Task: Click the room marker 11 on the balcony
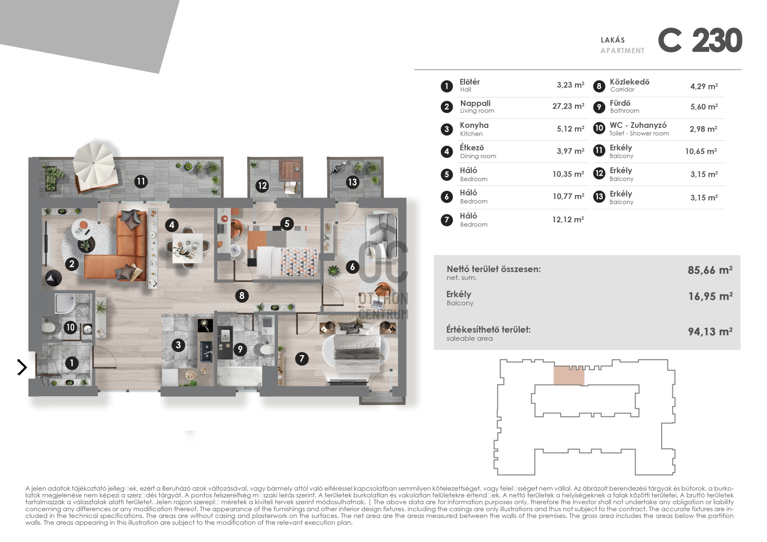(141, 182)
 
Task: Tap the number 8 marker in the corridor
(242, 296)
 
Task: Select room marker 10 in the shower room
(71, 328)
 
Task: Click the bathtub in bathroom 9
(239, 377)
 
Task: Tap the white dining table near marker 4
(185, 247)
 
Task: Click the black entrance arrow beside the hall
(22, 367)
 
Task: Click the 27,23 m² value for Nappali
(568, 106)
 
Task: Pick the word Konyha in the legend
(474, 125)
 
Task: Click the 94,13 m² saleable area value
(710, 332)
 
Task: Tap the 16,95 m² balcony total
(710, 296)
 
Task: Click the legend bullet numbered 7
(447, 220)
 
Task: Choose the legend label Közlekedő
(630, 82)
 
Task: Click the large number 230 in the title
(717, 40)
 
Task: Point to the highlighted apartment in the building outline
(569, 375)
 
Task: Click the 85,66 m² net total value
(710, 270)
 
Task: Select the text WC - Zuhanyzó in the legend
(638, 125)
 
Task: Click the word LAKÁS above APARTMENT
(613, 40)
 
